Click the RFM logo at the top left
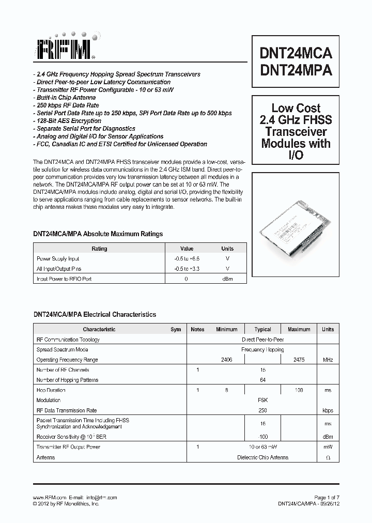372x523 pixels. click(x=65, y=49)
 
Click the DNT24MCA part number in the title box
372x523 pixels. click(x=296, y=54)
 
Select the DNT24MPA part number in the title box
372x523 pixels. click(x=296, y=70)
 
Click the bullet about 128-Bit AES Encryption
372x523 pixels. click(x=68, y=121)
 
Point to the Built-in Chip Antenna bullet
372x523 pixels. click(x=67, y=98)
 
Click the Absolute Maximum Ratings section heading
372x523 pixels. click(x=98, y=234)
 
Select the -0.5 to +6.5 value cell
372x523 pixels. click(x=187, y=258)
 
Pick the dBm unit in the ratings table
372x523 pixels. click(x=227, y=279)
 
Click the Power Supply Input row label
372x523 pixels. click(x=58, y=258)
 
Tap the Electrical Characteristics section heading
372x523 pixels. click(x=95, y=314)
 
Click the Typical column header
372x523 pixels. click(x=262, y=329)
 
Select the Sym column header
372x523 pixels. click(x=176, y=329)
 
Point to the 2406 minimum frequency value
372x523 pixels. click(x=226, y=360)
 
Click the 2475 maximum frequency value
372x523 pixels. click(x=299, y=360)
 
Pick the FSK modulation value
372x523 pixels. click(x=262, y=400)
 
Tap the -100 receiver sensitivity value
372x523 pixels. click(x=262, y=437)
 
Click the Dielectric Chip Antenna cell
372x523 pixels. click(x=262, y=457)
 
